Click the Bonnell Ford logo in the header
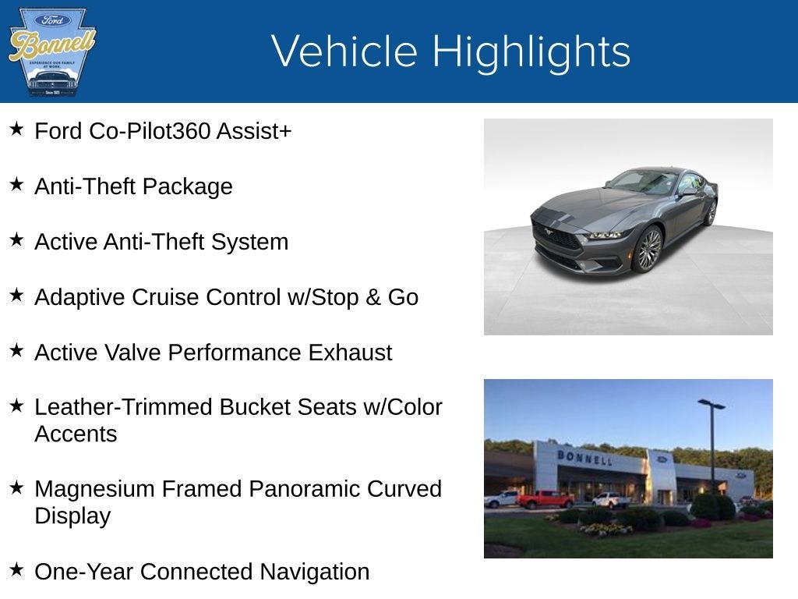(51, 52)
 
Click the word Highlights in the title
(531, 52)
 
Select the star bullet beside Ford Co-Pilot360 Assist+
(16, 129)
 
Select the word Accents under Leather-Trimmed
(76, 434)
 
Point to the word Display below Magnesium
(72, 516)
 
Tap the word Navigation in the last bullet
(314, 572)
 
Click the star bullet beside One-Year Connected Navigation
(16, 569)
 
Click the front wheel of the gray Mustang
(648, 250)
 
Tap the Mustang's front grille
(556, 236)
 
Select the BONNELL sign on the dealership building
(584, 457)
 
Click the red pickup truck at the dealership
(545, 499)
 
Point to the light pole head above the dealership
(711, 404)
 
